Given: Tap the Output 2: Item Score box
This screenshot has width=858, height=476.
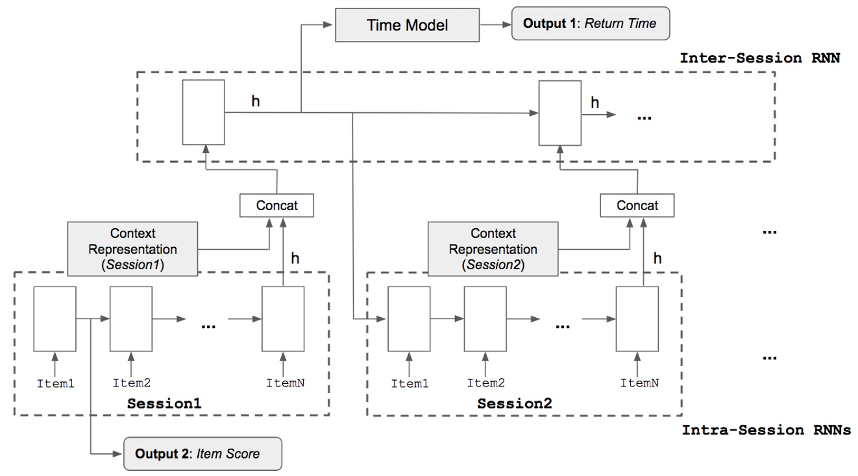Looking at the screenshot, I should (x=202, y=453).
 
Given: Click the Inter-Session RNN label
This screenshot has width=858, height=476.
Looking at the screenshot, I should (x=759, y=58).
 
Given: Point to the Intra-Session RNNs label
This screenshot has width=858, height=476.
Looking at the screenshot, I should (x=766, y=430).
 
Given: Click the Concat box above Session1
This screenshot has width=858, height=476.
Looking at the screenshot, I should (x=277, y=206).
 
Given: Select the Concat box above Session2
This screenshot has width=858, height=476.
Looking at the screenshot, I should (x=637, y=206).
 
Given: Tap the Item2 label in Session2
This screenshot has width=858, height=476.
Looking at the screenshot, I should (x=485, y=383).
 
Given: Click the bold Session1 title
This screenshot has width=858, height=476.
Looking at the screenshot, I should (x=164, y=403).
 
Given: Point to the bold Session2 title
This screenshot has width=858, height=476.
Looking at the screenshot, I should (x=515, y=403).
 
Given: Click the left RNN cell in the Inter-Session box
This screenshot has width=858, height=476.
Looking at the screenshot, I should (x=203, y=112).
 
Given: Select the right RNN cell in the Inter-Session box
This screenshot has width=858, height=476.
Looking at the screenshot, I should (x=560, y=112).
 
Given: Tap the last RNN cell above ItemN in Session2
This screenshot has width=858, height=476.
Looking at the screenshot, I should (x=637, y=318).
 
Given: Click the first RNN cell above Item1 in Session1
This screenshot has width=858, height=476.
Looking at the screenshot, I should (x=55, y=318).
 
